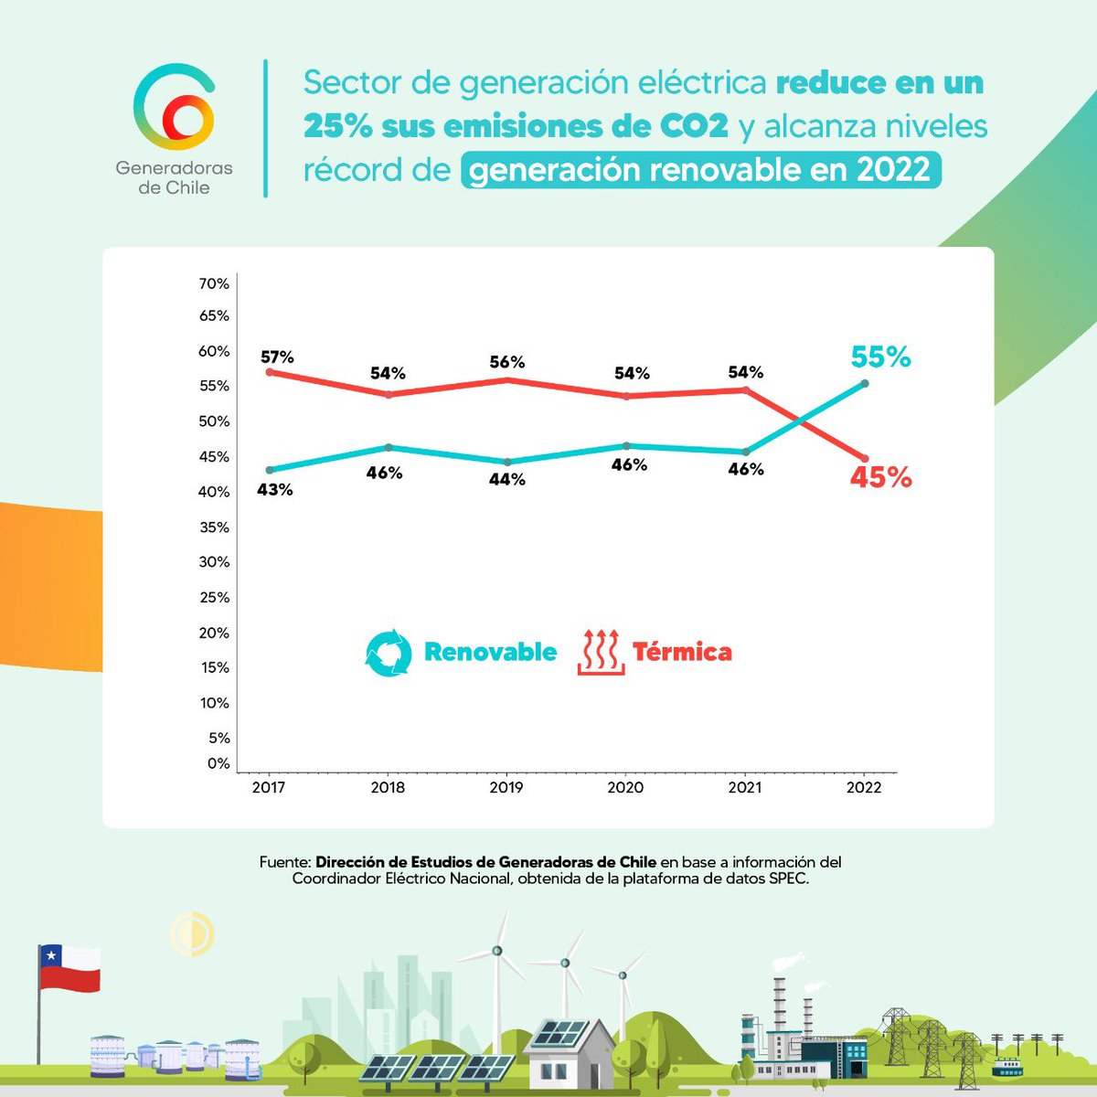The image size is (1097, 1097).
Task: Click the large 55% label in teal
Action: point(880,357)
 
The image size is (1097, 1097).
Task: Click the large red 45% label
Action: point(880,477)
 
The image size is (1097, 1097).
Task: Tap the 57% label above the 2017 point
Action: point(277,357)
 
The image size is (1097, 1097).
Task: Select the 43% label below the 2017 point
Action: point(275,490)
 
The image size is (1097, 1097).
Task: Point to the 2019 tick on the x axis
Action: point(506,787)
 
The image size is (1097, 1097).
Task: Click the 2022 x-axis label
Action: point(864,787)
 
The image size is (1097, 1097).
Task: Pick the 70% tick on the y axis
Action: point(214,284)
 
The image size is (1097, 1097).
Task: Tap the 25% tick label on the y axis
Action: point(214,598)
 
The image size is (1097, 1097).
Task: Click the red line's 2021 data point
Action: point(746,390)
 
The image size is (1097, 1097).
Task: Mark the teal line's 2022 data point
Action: point(865,384)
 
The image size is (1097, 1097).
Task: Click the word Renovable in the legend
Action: point(490,653)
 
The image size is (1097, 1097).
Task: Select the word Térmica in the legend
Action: point(682,653)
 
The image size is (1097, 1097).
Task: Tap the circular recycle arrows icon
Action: point(389,653)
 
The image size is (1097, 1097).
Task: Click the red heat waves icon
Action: point(601,652)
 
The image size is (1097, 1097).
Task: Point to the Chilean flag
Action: point(69,969)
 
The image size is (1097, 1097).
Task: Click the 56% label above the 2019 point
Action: point(506,363)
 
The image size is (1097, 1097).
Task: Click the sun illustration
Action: point(192,933)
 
